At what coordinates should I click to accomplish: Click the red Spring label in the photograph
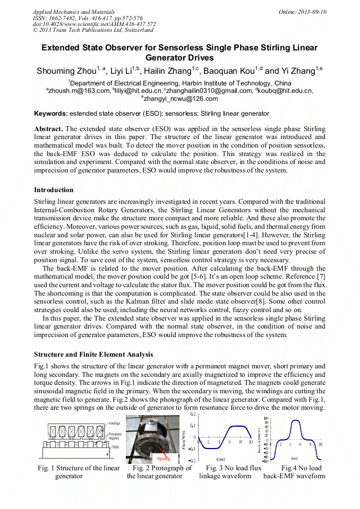point(164,458)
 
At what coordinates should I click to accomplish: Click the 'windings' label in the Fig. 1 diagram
point(114,423)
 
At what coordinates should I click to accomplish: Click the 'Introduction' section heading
point(54,190)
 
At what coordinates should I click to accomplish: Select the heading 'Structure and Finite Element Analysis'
point(93,355)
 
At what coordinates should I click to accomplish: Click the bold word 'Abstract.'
point(49,129)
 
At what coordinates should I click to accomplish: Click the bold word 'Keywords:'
point(51,114)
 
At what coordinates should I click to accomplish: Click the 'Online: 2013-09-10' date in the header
point(302,12)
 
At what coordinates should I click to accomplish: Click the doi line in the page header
point(94,24)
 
